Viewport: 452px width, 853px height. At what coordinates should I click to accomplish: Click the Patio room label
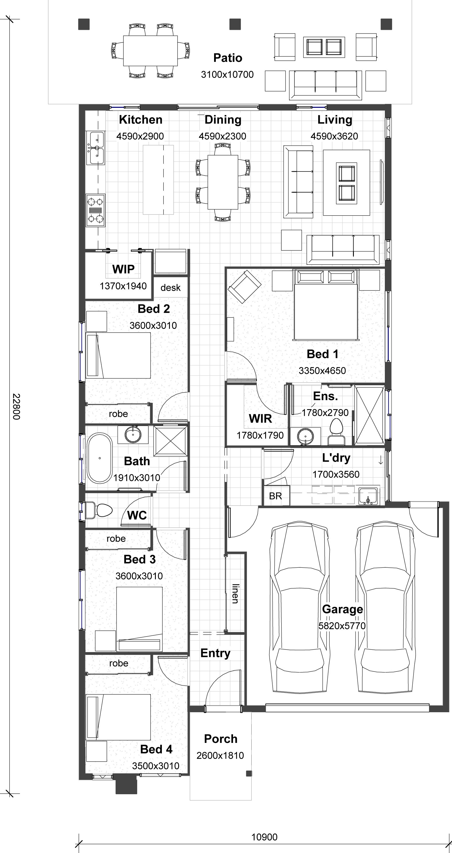click(x=228, y=58)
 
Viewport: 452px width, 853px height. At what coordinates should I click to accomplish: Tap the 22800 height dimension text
click(x=16, y=406)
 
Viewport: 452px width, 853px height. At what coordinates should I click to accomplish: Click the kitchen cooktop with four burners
click(x=96, y=210)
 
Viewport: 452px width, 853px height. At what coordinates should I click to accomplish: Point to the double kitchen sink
click(x=96, y=147)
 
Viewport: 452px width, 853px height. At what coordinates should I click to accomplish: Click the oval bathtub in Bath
click(x=99, y=458)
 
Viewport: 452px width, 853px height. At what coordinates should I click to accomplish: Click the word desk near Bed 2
click(x=171, y=287)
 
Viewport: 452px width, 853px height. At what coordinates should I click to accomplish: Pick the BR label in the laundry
click(x=276, y=496)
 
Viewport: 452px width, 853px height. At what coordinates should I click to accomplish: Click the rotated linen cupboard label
click(x=235, y=594)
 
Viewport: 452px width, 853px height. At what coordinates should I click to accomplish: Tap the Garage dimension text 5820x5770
click(x=342, y=626)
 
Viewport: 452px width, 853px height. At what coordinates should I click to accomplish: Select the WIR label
click(x=261, y=419)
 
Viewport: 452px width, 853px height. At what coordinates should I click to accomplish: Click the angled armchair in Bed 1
click(x=245, y=286)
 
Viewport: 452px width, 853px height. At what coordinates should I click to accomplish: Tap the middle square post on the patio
click(x=235, y=24)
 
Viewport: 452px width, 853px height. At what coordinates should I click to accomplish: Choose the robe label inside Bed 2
click(x=118, y=413)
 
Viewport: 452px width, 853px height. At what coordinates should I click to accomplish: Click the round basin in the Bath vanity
click(x=133, y=434)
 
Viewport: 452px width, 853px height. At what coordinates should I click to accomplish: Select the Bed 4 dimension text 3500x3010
click(x=156, y=766)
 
